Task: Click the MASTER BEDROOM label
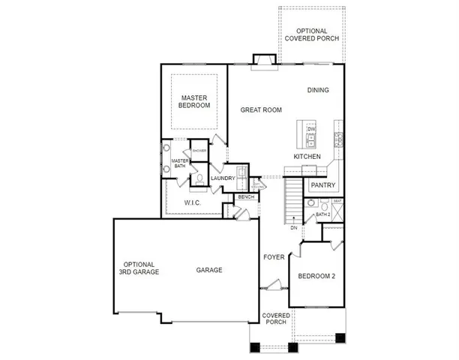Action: (x=194, y=100)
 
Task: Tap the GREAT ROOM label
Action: (x=260, y=109)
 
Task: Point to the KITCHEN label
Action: (x=307, y=156)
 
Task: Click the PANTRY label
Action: (x=322, y=184)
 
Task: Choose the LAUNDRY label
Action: (x=223, y=178)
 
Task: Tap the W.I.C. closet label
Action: (x=192, y=202)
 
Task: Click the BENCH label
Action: (x=246, y=197)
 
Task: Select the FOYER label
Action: (x=274, y=257)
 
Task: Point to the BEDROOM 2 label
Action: (x=316, y=276)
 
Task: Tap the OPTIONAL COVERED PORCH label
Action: (x=310, y=34)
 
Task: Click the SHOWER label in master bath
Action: (x=199, y=151)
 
